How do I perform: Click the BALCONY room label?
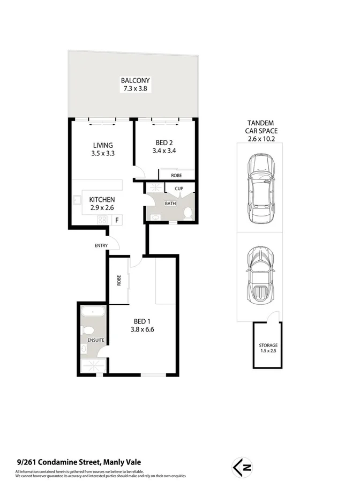click(131, 81)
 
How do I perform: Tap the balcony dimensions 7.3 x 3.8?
click(131, 89)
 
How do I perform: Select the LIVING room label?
click(102, 145)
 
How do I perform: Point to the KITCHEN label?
click(102, 199)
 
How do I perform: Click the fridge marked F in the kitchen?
click(116, 220)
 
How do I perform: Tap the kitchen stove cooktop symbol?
click(102, 220)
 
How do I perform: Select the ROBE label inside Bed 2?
click(176, 175)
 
